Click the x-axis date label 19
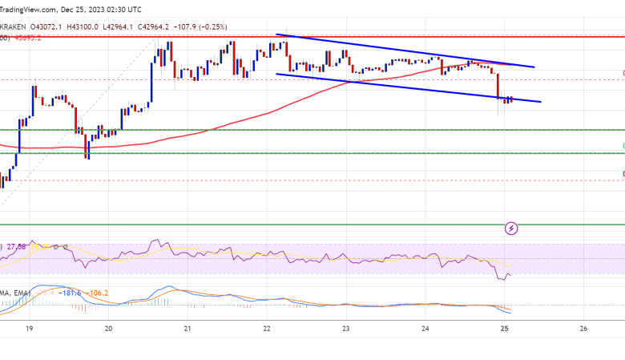point(29,329)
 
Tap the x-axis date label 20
point(108,329)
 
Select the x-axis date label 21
point(187,329)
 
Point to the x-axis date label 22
point(266,329)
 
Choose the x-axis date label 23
point(345,329)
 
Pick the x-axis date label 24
point(425,329)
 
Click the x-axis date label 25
point(504,329)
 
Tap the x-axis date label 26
point(583,329)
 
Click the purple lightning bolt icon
point(511,229)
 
